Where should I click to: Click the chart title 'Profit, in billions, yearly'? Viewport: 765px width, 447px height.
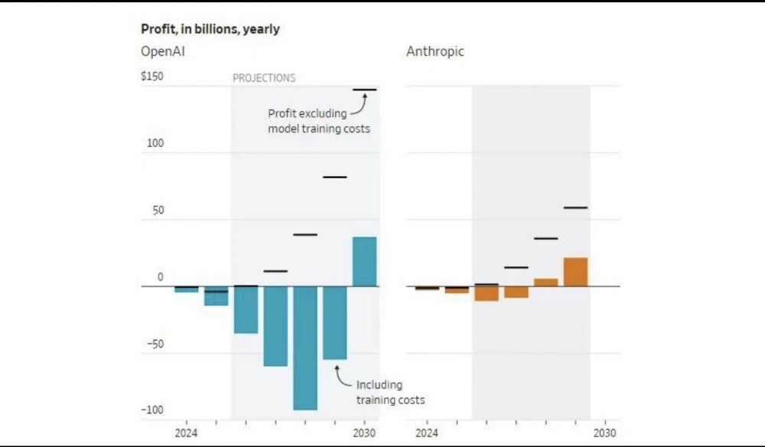click(x=210, y=29)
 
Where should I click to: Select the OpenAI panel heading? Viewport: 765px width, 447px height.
click(x=163, y=52)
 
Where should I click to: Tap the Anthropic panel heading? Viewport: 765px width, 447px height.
click(x=435, y=52)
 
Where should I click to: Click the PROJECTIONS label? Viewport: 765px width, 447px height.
click(x=264, y=78)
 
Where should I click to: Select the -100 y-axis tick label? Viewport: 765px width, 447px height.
click(x=153, y=410)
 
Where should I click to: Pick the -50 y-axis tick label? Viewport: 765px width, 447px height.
click(x=155, y=344)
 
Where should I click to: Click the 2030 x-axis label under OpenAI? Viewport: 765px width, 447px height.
click(x=365, y=432)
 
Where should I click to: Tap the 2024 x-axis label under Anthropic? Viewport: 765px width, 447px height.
click(x=427, y=432)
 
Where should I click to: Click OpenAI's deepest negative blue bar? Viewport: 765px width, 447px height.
click(x=305, y=348)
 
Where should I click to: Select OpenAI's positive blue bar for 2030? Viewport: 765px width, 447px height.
click(x=364, y=262)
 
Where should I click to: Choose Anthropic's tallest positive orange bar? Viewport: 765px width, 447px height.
click(x=575, y=272)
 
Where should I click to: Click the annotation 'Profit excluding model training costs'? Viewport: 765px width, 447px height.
click(x=318, y=121)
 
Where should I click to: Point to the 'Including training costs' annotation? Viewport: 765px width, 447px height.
click(x=390, y=392)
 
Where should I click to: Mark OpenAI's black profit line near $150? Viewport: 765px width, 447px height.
click(x=364, y=90)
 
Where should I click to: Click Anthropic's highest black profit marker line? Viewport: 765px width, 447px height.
click(x=575, y=207)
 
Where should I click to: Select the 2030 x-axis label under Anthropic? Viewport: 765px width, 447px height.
click(x=605, y=432)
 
